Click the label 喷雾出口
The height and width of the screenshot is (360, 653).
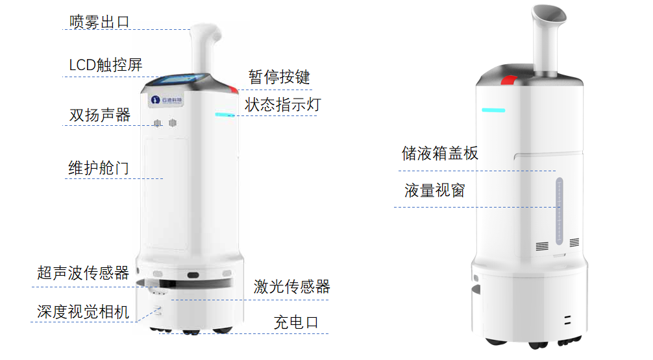(x=99, y=21)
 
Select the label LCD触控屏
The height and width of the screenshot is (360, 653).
(x=105, y=65)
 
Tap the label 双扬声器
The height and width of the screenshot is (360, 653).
(x=99, y=115)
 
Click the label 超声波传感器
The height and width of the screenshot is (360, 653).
(x=83, y=272)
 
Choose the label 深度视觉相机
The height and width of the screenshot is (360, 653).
(x=83, y=311)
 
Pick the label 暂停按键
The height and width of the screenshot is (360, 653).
(x=279, y=77)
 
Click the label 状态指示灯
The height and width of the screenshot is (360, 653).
(x=282, y=104)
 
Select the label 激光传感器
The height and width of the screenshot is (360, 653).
(x=292, y=286)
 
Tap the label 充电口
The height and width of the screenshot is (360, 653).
(x=296, y=322)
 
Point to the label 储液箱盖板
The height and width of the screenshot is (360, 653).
(x=440, y=154)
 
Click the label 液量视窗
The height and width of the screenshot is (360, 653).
(x=434, y=191)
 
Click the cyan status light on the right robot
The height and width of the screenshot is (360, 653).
(x=493, y=110)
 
